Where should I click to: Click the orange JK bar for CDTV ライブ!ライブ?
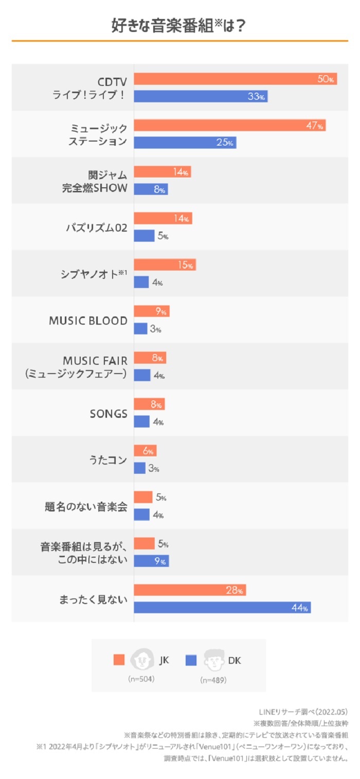pos(235,79)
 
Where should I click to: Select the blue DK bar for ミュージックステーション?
pos(185,143)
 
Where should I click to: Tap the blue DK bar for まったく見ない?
pos(222,608)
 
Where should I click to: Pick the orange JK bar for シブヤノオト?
pos(165,265)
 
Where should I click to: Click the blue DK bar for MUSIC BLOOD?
pos(140,328)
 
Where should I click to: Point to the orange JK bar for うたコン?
pos(145,451)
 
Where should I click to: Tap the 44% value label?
pos(300,608)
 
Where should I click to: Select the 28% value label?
pos(235,591)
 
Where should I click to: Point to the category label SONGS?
pos(108,414)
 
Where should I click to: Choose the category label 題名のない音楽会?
pos(86,506)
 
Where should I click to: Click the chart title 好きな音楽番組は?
pos(178,26)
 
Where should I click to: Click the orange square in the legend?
pos(119,660)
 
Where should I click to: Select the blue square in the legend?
pos(191,660)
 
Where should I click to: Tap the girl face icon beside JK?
pos(142,659)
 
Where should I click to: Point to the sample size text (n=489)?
pos(213,680)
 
